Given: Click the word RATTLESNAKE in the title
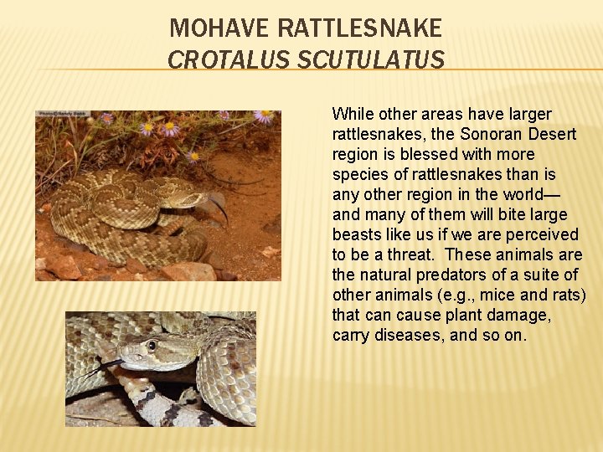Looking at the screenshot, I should pos(359,29).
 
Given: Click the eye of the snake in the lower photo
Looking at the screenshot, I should pos(152,345).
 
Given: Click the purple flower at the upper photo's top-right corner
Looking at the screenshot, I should pos(265,116).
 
